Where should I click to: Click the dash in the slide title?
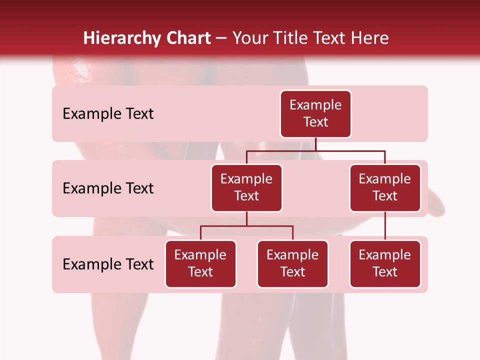221,38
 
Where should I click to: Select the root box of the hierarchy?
315,114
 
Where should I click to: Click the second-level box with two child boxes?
246,188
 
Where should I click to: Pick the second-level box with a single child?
385,188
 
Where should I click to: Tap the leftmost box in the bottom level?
200,264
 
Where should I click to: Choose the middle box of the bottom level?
292,264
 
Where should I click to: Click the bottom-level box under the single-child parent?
385,264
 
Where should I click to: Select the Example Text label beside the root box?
108,114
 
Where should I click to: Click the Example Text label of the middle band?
108,188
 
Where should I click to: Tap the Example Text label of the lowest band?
108,264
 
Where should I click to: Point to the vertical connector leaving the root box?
315,144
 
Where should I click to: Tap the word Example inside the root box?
315,105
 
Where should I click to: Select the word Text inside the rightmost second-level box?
385,196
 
